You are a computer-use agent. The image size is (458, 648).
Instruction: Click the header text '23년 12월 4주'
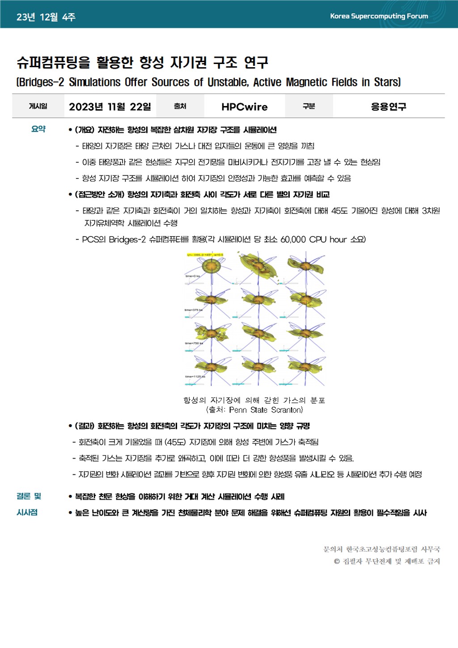click(46, 17)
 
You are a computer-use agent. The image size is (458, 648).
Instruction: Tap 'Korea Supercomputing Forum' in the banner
click(379, 16)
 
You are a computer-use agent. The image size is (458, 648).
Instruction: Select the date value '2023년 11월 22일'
click(110, 107)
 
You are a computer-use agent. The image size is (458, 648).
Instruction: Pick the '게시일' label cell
click(38, 106)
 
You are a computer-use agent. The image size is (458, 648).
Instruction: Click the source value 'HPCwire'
click(244, 107)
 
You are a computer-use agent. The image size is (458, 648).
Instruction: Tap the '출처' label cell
click(180, 106)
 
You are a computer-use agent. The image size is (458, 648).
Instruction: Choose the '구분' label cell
click(309, 106)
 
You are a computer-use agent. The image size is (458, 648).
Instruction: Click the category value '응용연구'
click(388, 107)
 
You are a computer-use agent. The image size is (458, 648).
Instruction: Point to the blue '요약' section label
click(38, 129)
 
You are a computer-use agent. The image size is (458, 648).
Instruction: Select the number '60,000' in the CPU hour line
click(293, 239)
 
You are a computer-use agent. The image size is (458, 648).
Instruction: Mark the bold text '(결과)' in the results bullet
click(85, 426)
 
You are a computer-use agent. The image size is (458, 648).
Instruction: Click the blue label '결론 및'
click(29, 496)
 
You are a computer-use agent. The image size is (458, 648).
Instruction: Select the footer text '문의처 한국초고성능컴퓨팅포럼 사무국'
click(382, 549)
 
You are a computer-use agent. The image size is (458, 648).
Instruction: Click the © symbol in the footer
click(337, 561)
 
